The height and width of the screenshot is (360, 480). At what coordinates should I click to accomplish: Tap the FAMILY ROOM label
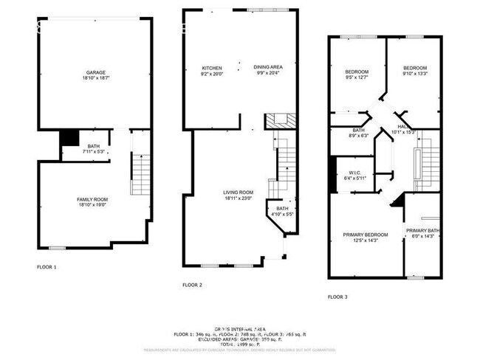click(92, 199)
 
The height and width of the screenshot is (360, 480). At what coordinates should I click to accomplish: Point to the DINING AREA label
click(267, 67)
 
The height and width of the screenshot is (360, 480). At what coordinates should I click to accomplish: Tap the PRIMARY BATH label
click(422, 230)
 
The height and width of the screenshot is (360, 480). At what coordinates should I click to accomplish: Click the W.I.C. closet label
click(354, 173)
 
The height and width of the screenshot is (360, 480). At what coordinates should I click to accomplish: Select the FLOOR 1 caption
click(47, 266)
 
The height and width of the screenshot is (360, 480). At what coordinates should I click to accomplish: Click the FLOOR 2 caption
click(192, 284)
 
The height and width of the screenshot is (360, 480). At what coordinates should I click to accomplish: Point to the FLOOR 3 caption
click(338, 297)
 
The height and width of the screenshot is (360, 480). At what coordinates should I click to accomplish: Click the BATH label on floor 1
click(93, 146)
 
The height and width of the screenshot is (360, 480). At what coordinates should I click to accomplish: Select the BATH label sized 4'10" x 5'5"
click(282, 209)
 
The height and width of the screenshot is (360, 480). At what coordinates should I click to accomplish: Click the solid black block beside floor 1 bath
click(69, 138)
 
